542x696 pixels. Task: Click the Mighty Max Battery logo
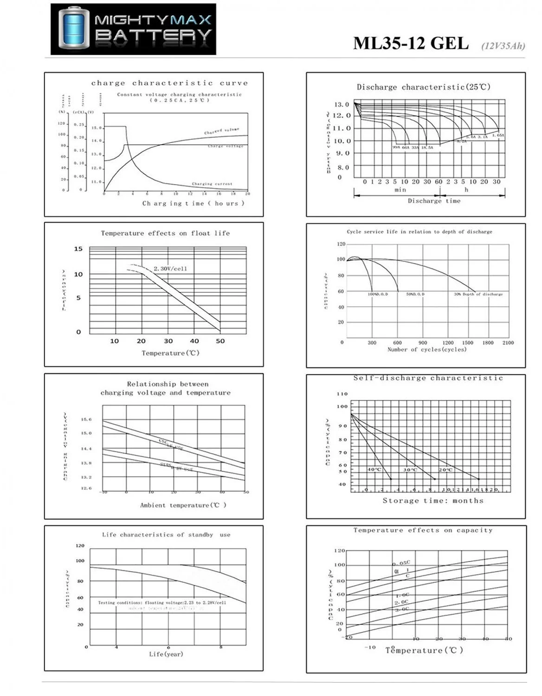click(x=133, y=29)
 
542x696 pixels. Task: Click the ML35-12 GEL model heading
click(x=411, y=43)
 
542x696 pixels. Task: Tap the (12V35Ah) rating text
click(x=503, y=45)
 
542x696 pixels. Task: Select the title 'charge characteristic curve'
click(x=169, y=83)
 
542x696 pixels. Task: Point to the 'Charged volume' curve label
click(x=221, y=131)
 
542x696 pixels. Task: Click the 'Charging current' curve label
click(x=212, y=184)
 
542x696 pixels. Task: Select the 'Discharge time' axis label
click(x=434, y=201)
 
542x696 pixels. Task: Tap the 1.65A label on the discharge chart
click(x=498, y=135)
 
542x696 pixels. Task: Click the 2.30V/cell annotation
click(x=170, y=269)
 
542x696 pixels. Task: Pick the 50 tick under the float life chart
click(x=220, y=341)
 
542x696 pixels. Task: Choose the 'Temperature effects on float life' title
click(x=165, y=233)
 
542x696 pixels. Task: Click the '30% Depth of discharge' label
click(x=478, y=294)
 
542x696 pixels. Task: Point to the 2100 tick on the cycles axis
click(x=508, y=343)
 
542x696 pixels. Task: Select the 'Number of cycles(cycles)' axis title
click(x=427, y=349)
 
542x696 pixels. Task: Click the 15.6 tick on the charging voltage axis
click(x=86, y=419)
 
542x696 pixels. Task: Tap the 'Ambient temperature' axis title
click(x=183, y=505)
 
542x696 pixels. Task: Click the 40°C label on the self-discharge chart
click(x=374, y=470)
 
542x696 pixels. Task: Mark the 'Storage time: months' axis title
click(x=432, y=501)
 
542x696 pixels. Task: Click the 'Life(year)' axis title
click(x=166, y=654)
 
